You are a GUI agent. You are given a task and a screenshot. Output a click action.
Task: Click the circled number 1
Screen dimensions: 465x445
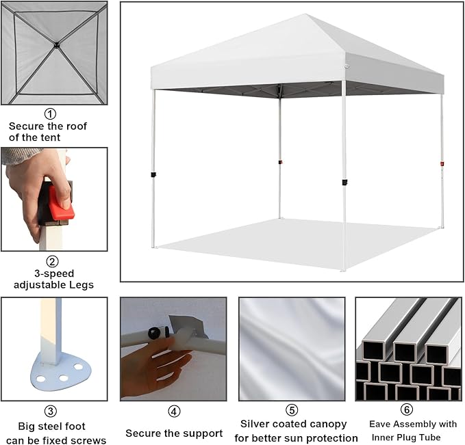click(50, 113)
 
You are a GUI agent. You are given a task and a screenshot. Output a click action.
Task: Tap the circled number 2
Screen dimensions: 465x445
click(52, 261)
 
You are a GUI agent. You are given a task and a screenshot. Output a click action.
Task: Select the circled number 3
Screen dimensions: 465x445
click(51, 411)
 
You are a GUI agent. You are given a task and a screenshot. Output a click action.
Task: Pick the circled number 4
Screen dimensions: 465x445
click(174, 412)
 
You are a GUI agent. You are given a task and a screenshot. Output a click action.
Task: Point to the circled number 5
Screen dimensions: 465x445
click(292, 410)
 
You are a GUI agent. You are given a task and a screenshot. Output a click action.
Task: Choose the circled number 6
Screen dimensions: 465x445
click(407, 409)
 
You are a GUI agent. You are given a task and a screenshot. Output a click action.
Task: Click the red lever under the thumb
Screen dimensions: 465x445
click(62, 203)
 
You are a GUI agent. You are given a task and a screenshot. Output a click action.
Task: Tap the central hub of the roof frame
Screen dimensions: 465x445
click(56, 45)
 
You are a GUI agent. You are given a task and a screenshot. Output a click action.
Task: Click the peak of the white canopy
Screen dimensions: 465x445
click(305, 14)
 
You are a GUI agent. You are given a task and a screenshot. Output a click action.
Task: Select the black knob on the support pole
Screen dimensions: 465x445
click(154, 333)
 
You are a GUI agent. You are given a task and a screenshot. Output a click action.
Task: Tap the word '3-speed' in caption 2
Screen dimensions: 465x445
click(54, 274)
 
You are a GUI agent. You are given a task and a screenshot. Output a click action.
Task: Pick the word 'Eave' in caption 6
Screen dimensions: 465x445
click(379, 424)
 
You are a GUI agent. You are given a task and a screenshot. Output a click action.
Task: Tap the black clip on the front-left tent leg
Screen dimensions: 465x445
click(153, 175)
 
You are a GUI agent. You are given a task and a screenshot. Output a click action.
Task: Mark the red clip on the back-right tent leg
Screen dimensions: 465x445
click(442, 164)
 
